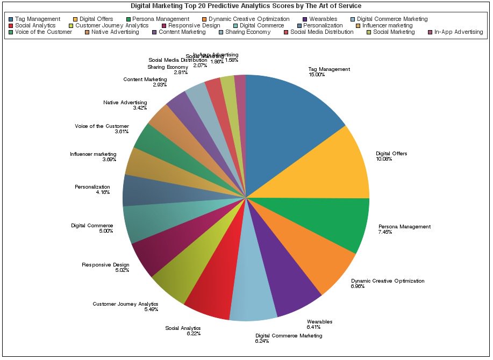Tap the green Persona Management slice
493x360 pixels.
tap(328, 220)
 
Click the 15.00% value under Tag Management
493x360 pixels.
tap(316, 75)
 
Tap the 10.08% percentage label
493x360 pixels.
tap(384, 159)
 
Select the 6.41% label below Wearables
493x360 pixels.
tap(314, 327)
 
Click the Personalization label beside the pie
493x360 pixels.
tap(92, 187)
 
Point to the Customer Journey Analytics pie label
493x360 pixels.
tap(125, 304)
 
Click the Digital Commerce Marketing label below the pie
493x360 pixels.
tap(289, 335)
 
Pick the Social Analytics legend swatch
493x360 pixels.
tap(11, 26)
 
